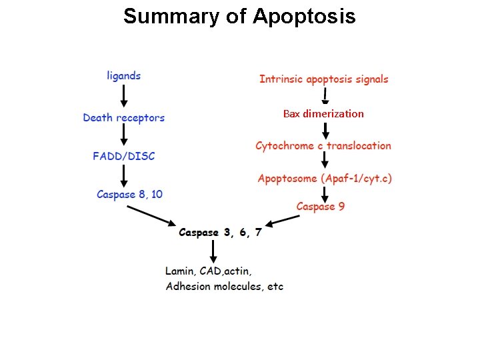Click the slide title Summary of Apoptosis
(239, 16)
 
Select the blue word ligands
(124, 76)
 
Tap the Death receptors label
(124, 118)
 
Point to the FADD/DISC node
(124, 156)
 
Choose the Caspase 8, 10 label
(129, 195)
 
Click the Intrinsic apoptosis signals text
(323, 79)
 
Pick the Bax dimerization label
(323, 114)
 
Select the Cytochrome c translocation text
(323, 146)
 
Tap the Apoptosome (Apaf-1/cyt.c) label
(325, 179)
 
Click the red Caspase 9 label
(321, 207)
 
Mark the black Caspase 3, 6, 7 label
(220, 233)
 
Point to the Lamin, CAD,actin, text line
(208, 271)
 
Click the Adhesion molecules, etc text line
(224, 287)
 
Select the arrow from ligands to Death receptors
(124, 96)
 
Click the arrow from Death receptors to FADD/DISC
(124, 137)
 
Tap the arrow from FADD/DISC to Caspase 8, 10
(124, 175)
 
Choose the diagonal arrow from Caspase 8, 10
(152, 216)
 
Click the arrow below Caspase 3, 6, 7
(213, 251)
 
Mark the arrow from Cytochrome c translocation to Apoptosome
(325, 161)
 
